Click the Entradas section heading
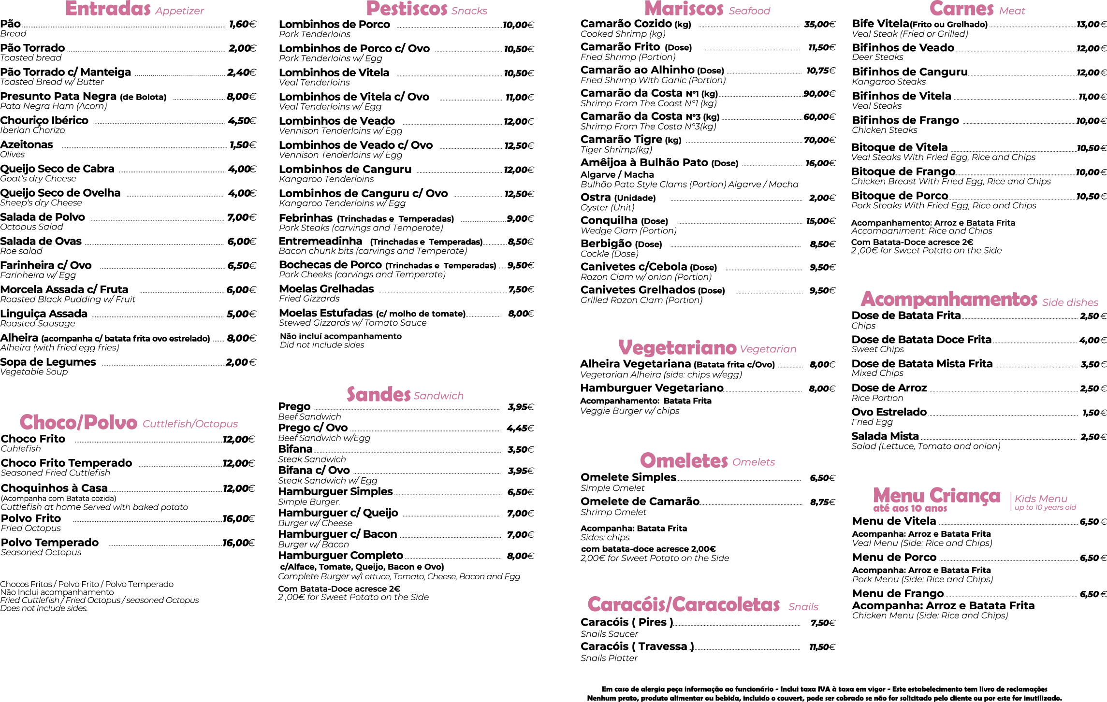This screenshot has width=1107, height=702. [x=108, y=9]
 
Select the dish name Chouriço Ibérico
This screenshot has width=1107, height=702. [x=44, y=120]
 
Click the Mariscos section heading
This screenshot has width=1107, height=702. [x=684, y=9]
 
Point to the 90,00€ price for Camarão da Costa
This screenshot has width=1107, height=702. [x=819, y=94]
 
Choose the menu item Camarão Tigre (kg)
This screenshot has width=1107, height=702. [x=631, y=140]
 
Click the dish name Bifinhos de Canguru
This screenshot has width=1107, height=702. [x=909, y=72]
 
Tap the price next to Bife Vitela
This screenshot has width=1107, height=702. [x=1091, y=25]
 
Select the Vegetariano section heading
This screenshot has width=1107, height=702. [x=677, y=347]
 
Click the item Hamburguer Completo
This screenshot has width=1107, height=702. [x=340, y=556]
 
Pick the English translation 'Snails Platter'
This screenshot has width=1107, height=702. [x=609, y=658]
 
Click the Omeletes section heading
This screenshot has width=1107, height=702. [x=684, y=460]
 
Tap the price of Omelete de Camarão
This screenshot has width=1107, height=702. [x=822, y=502]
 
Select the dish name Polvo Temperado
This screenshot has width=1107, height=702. [x=50, y=543]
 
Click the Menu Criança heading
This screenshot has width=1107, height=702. [x=936, y=496]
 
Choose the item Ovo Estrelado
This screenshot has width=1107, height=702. [x=889, y=412]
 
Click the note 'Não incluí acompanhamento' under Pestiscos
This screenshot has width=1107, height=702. [x=341, y=336]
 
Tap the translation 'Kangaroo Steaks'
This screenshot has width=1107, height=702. [x=889, y=82]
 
